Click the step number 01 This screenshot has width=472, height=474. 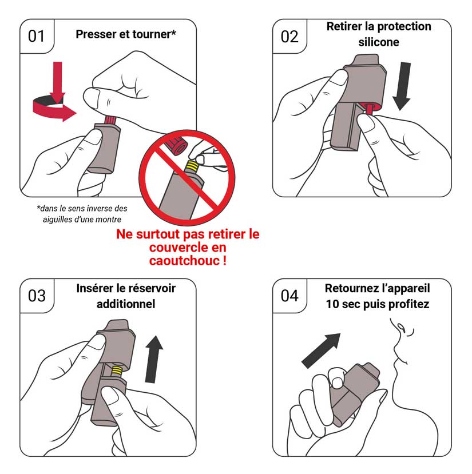36,36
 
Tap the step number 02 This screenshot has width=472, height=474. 289,37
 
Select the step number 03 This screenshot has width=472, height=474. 37,296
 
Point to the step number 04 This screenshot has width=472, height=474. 289,296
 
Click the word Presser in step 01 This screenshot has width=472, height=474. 96,34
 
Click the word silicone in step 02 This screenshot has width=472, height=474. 379,42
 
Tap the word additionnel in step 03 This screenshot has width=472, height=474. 126,304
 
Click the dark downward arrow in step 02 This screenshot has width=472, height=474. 403,86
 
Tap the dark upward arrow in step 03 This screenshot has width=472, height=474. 154,359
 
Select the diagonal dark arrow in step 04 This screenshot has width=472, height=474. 322,350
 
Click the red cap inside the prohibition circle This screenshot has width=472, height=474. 177,145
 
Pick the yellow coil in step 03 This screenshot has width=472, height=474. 117,371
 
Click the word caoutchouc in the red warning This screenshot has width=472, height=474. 184,261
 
